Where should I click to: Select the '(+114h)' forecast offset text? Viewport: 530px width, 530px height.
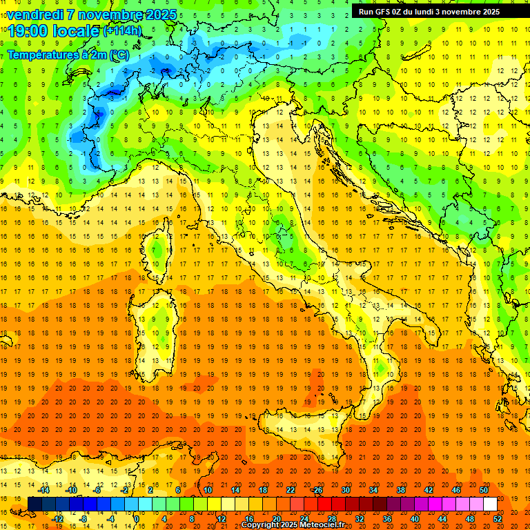pyautogui.click(x=122, y=31)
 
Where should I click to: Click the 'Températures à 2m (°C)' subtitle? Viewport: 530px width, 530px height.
pyautogui.click(x=68, y=55)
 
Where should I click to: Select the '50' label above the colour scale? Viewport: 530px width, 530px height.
pyautogui.click(x=483, y=490)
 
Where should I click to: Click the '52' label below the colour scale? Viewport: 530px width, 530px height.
pyautogui.click(x=498, y=519)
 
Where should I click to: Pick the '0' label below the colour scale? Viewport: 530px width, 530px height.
pyautogui.click(x=137, y=519)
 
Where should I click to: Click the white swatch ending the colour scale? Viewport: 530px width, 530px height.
pyautogui.click(x=490, y=504)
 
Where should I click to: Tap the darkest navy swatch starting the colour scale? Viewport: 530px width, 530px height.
pyautogui.click(x=35, y=504)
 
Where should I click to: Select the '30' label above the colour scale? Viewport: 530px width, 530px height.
pyautogui.click(x=345, y=490)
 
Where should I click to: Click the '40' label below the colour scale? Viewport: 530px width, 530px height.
pyautogui.click(x=415, y=519)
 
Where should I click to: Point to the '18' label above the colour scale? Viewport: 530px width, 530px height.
pyautogui.click(x=262, y=490)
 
